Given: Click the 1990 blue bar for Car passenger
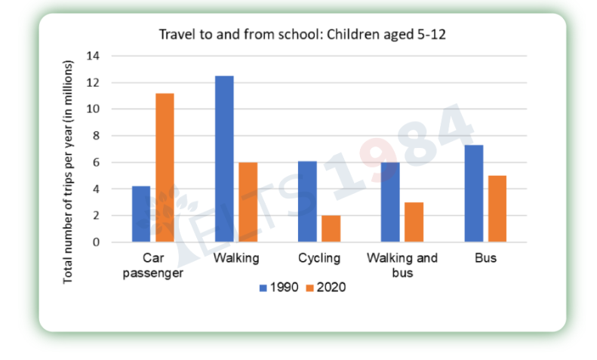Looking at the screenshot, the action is coord(141,214).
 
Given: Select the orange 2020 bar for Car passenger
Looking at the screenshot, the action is coord(165,168).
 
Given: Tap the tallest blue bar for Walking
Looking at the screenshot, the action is coord(224,158).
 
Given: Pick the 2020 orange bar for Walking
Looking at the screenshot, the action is coord(248,202).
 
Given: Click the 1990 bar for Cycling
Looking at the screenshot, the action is coord(307,202).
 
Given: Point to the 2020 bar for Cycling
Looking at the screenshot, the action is coord(331,229).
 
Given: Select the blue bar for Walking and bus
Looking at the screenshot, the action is coord(390,202).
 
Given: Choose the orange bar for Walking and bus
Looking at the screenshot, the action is coord(414,222).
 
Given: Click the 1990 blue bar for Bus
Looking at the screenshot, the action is coord(474,193).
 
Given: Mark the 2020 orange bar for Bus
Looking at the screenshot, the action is coord(497,209).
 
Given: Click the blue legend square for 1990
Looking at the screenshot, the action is coord(263,288).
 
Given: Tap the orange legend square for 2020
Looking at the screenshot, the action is coord(309,288).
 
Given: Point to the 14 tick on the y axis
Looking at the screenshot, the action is coord(93,56).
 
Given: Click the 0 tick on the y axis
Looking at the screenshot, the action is coord(96,242).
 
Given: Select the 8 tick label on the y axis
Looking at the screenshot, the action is coord(96,136).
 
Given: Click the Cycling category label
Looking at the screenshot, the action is coord(319,258).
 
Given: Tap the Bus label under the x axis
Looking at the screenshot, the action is coord(485,258).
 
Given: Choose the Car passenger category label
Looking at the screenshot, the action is coord(152,266).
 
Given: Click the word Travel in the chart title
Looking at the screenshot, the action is coord(177,34).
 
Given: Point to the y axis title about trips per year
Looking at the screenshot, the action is coord(67,171).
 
